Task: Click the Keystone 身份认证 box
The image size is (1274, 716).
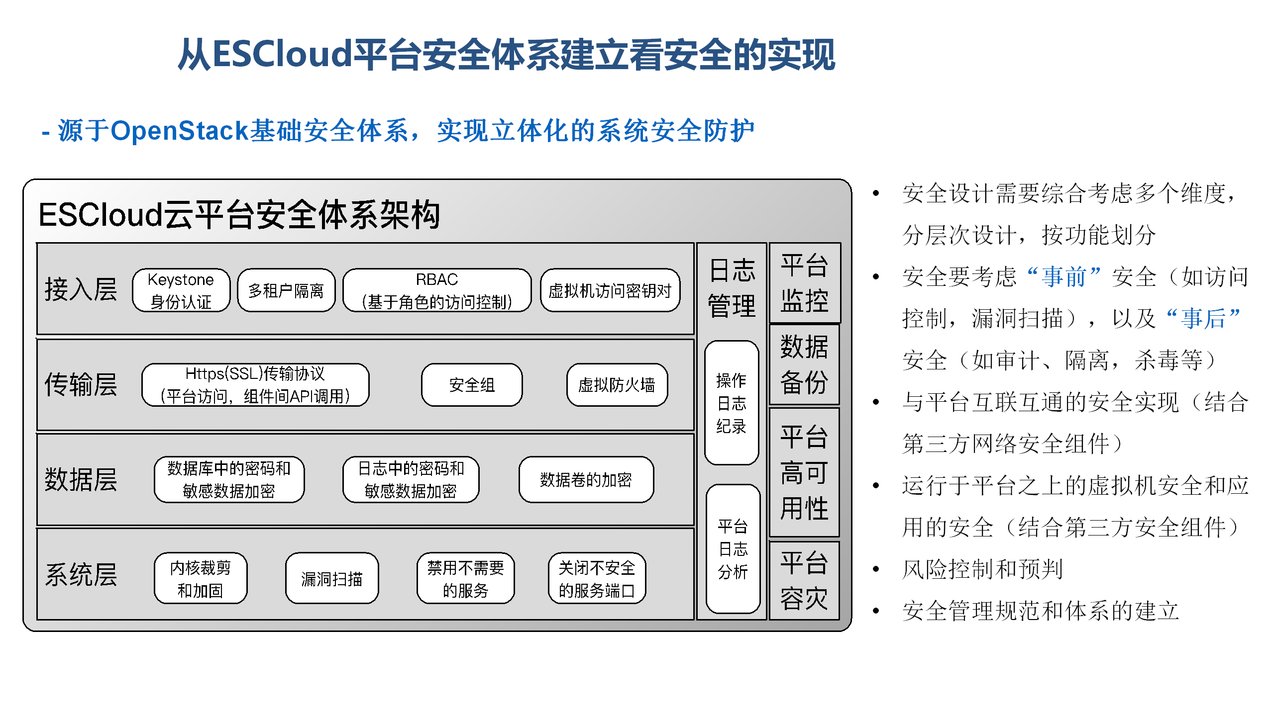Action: pos(181,290)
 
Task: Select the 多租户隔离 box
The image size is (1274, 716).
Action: pos(286,290)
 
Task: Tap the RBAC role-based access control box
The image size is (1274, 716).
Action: pos(437,290)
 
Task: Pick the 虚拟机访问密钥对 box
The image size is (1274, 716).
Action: pos(610,290)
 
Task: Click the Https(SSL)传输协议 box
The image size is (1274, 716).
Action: pos(255,385)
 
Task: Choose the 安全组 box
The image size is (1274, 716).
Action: pos(472,385)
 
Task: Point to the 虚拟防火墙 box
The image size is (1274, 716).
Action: pos(617,385)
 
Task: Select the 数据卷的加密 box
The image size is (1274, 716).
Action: pos(586,480)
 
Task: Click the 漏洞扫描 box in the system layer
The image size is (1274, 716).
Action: pos(332,578)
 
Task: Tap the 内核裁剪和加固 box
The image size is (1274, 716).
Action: pos(201,578)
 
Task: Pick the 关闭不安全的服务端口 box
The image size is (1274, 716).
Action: pos(597,578)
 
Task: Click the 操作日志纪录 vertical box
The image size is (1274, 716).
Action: pos(732,403)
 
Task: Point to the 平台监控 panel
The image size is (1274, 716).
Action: pos(805,283)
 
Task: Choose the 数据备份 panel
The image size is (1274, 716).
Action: pos(805,364)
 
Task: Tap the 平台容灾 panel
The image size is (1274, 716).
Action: pos(805,580)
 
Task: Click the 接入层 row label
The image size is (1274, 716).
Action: pos(81,289)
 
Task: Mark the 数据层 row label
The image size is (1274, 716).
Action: pos(81,480)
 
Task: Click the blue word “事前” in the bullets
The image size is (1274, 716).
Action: pos(1064,276)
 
